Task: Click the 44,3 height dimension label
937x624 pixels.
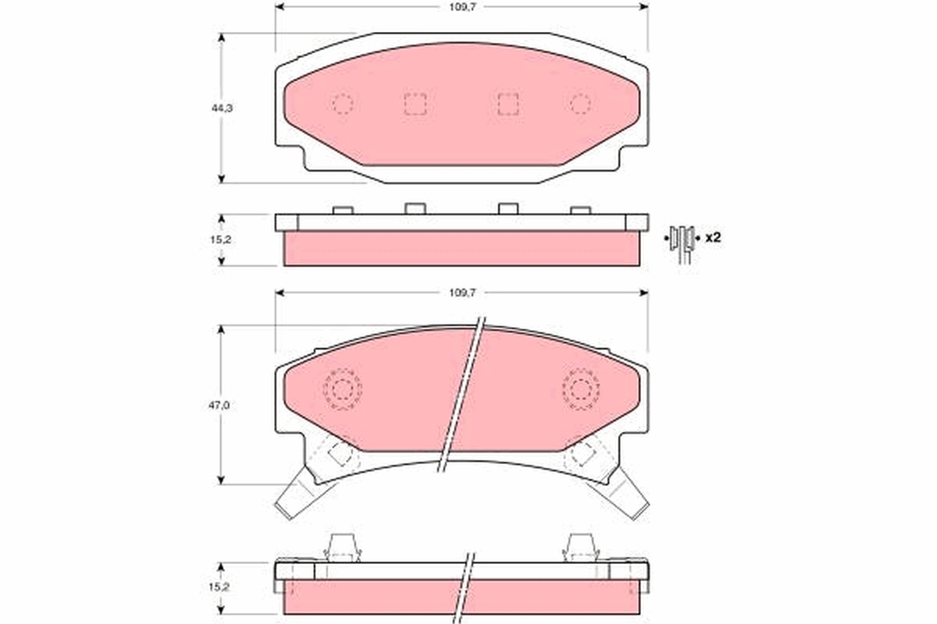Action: (x=222, y=108)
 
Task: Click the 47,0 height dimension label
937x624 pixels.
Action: (x=219, y=406)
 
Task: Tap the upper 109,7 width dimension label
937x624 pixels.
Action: (x=462, y=7)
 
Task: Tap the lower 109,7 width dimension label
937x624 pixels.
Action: (x=462, y=292)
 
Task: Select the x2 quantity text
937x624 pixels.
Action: (x=713, y=238)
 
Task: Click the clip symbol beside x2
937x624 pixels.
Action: (x=682, y=243)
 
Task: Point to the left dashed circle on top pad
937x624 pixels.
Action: (x=343, y=104)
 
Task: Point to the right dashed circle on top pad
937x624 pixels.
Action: (x=580, y=104)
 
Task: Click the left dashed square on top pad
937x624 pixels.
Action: (x=415, y=104)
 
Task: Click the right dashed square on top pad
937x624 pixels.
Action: (x=508, y=104)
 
